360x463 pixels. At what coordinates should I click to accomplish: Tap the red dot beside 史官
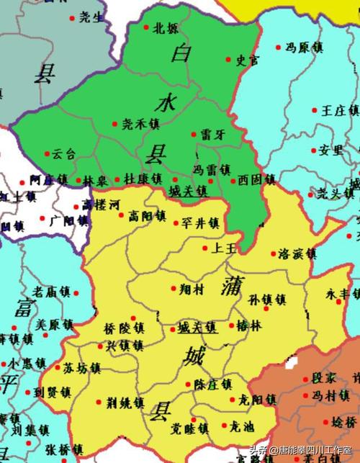click(x=229, y=60)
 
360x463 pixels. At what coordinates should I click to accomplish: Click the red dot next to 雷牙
click(x=194, y=134)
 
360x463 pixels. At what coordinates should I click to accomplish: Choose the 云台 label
click(x=63, y=153)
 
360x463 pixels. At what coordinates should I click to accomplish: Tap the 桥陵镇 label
click(x=124, y=327)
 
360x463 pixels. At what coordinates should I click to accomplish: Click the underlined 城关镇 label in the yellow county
click(x=197, y=327)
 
